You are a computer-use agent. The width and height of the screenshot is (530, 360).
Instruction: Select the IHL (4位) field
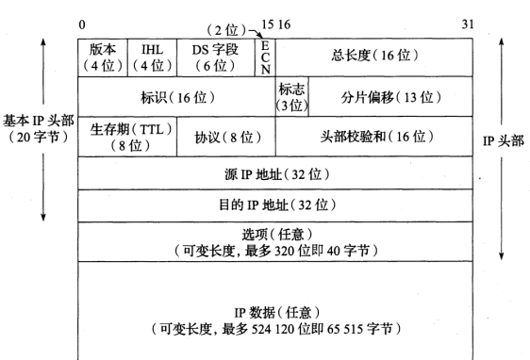[x=151, y=57]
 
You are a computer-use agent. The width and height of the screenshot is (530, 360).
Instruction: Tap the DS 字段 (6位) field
[x=215, y=57]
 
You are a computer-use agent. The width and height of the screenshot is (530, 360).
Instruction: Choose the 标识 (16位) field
[x=176, y=97]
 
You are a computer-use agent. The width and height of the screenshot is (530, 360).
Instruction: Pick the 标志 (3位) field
[x=291, y=97]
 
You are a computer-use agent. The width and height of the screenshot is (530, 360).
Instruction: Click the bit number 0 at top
[x=82, y=24]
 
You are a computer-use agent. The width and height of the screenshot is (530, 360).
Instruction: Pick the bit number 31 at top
[x=468, y=24]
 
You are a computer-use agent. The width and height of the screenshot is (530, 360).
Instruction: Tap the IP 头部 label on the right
[x=503, y=141]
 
